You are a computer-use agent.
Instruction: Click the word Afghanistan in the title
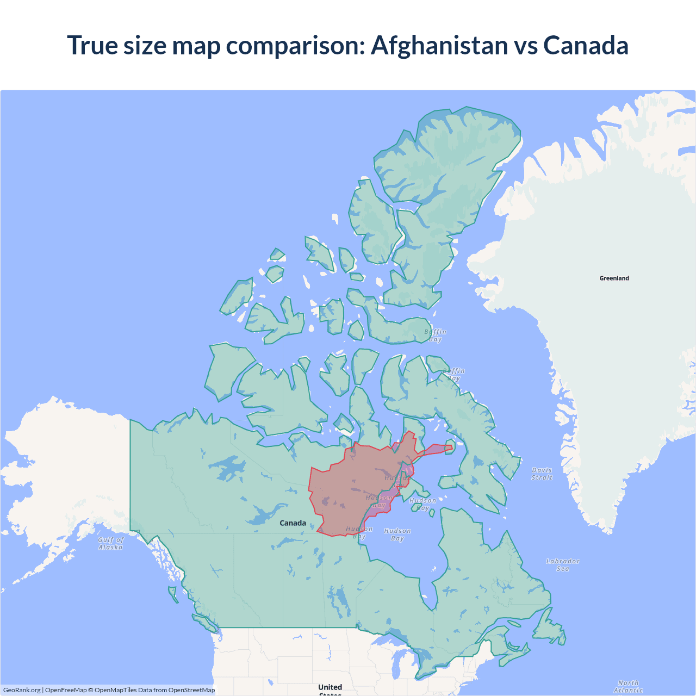pyautogui.click(x=440, y=45)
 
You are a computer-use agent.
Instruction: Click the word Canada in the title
pyautogui.click(x=586, y=45)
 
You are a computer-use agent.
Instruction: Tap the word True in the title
pyautogui.click(x=92, y=45)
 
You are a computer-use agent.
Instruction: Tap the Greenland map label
pyautogui.click(x=614, y=278)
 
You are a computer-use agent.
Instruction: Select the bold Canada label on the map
pyautogui.click(x=293, y=523)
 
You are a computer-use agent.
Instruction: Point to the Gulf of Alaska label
pyautogui.click(x=111, y=543)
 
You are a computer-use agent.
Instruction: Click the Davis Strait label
pyautogui.click(x=542, y=474)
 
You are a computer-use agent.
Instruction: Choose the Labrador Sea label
pyautogui.click(x=563, y=565)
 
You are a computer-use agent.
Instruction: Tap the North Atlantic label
pyautogui.click(x=628, y=686)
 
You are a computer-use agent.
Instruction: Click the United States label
pyautogui.click(x=330, y=688)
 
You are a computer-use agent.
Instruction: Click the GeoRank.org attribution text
pyautogui.click(x=22, y=690)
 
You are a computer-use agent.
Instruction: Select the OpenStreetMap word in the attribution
pyautogui.click(x=191, y=690)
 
